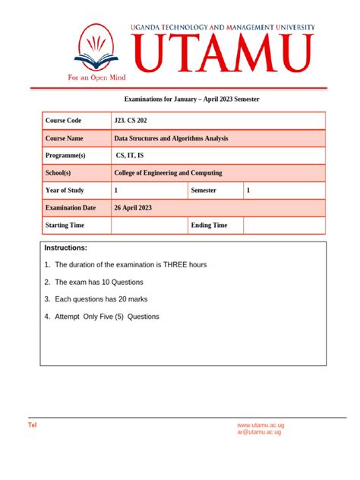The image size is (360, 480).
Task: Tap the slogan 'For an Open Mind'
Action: pyautogui.click(x=97, y=77)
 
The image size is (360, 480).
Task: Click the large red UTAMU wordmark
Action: pyautogui.click(x=224, y=53)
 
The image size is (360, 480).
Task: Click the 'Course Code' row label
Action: pyautogui.click(x=64, y=121)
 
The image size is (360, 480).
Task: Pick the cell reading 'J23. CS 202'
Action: pyautogui.click(x=131, y=121)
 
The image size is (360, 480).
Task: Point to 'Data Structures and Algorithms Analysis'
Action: pyautogui.click(x=171, y=138)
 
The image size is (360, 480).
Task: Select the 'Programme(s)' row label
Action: pyautogui.click(x=66, y=156)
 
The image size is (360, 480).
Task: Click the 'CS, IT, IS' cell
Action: pyautogui.click(x=130, y=156)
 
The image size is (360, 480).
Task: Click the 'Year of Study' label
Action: pyautogui.click(x=65, y=191)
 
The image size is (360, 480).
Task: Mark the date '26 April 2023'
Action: pyautogui.click(x=133, y=207)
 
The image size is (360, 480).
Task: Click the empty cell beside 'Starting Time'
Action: pyautogui.click(x=149, y=225)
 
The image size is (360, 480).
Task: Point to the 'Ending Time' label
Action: pyautogui.click(x=209, y=225)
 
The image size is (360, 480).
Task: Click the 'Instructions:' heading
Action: pyautogui.click(x=66, y=248)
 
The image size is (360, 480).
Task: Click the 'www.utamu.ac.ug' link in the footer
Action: pyautogui.click(x=261, y=425)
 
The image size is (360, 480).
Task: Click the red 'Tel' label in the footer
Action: pyautogui.click(x=32, y=425)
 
